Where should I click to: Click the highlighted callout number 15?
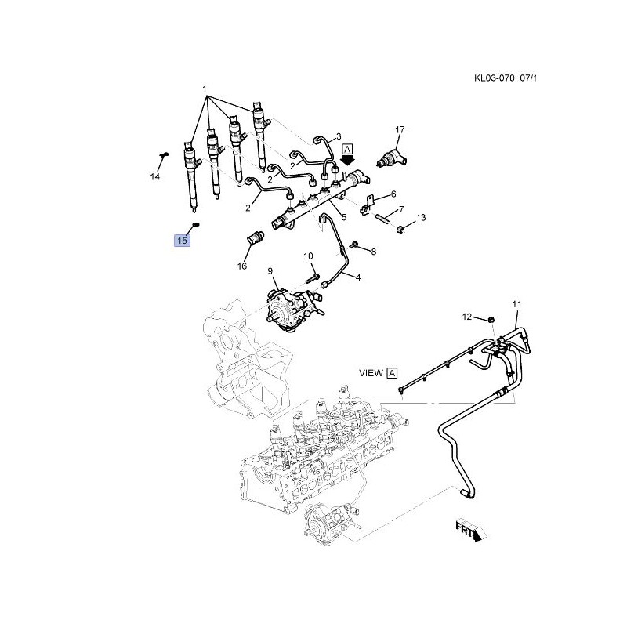tap(182, 241)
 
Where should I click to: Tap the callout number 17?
tap(400, 129)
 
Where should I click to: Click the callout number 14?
tap(155, 177)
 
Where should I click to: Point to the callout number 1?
tap(205, 89)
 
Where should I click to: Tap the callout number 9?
tap(270, 271)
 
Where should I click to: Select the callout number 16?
tap(242, 266)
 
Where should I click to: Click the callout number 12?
tap(467, 317)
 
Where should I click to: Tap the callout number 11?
tap(516, 303)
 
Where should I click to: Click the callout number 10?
tap(308, 256)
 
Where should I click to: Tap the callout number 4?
tap(357, 277)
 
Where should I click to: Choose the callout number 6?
tap(393, 194)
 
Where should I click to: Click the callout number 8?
tap(374, 252)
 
